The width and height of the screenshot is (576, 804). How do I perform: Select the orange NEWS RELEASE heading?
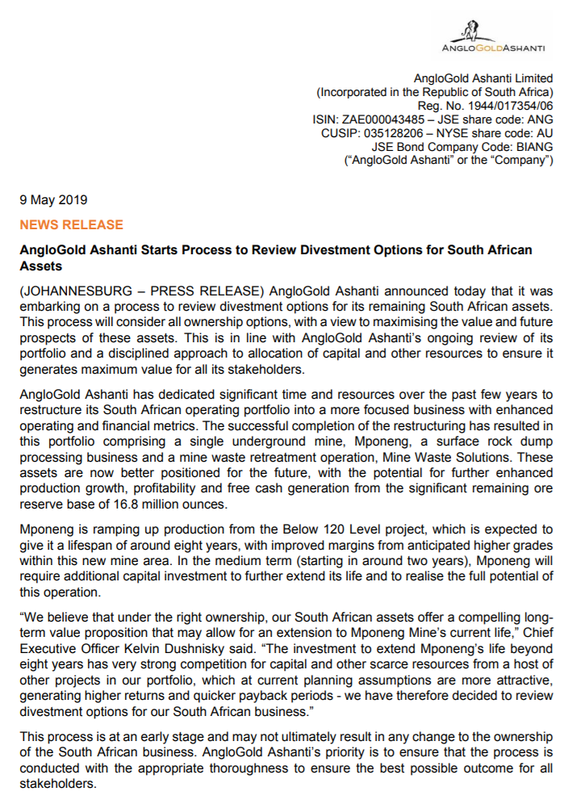pyautogui.click(x=72, y=224)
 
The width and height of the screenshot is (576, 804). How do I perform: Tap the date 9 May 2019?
pyautogui.click(x=53, y=199)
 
